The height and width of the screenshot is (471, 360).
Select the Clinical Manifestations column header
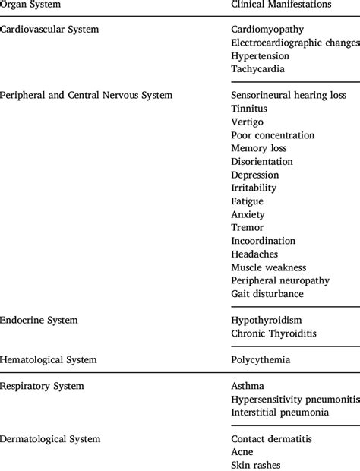[280, 5]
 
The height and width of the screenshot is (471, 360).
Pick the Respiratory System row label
[43, 386]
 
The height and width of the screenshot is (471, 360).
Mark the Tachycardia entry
[257, 68]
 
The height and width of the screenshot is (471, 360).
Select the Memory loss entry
[259, 148]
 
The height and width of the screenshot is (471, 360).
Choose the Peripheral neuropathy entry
[280, 280]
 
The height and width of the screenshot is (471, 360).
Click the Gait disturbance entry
[267, 293]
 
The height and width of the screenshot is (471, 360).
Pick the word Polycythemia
[262, 359]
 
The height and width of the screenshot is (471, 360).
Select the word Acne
[242, 451]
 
